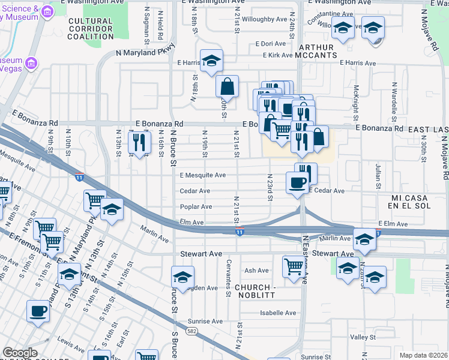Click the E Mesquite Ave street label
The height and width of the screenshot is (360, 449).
[x=203, y=175]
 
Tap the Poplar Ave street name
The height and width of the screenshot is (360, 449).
[x=196, y=207]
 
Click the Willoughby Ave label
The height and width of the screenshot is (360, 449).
[x=265, y=19]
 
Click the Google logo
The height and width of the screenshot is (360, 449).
[x=20, y=353]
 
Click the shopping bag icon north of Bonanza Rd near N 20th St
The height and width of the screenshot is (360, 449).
[x=228, y=87]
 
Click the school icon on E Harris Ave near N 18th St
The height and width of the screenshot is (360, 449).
[x=211, y=61]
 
